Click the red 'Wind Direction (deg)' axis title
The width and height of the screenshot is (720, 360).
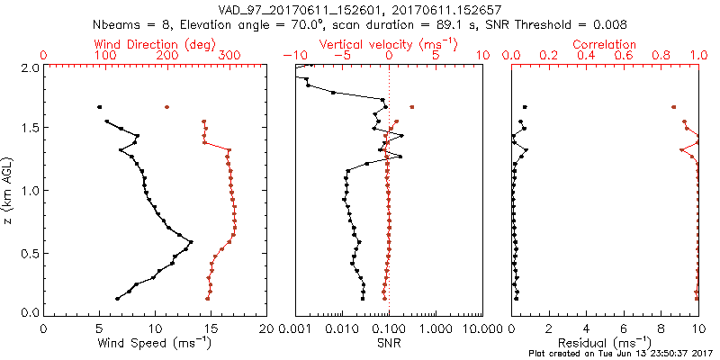pyautogui.click(x=156, y=44)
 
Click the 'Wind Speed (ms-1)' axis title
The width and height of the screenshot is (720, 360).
pyautogui.click(x=156, y=343)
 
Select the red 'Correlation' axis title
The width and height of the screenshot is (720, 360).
pyautogui.click(x=605, y=44)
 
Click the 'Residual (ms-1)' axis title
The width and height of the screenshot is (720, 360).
pyautogui.click(x=605, y=343)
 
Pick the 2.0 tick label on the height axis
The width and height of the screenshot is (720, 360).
pyautogui.click(x=29, y=67)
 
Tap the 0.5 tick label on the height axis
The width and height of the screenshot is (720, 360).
pyautogui.click(x=29, y=253)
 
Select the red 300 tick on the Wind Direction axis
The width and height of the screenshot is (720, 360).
pyautogui.click(x=229, y=56)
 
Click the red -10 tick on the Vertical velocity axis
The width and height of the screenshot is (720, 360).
pyautogui.click(x=293, y=56)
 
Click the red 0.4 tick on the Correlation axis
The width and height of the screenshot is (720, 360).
pyautogui.click(x=586, y=56)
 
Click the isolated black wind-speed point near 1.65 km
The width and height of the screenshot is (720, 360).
pyautogui.click(x=100, y=107)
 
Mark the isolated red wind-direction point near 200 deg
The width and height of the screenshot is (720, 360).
pyautogui.click(x=166, y=107)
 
